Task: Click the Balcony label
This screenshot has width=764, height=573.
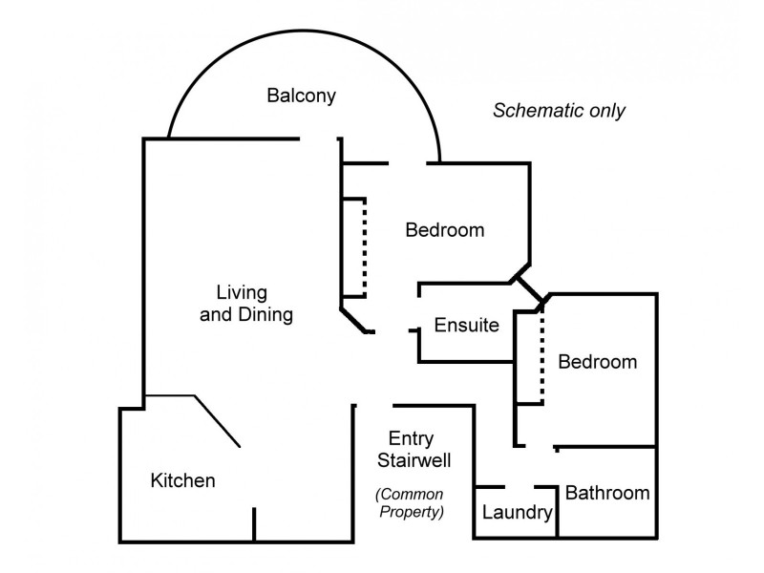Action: [302, 95]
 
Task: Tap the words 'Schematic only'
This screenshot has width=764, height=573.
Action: [559, 110]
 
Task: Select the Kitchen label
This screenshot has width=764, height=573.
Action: [183, 480]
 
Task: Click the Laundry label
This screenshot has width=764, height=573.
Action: [517, 514]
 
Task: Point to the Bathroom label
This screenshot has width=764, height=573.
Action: [607, 493]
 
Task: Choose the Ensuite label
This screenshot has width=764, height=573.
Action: [466, 325]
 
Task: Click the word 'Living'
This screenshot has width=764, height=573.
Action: [242, 291]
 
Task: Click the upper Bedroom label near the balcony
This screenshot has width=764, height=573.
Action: [444, 230]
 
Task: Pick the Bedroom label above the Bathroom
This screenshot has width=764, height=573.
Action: [597, 362]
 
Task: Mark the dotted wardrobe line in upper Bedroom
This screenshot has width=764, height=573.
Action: [365, 248]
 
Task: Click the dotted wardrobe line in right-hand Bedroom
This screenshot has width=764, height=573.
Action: [541, 353]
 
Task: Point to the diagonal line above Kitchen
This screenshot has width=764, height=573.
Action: [218, 421]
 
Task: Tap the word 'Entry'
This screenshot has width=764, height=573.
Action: [412, 439]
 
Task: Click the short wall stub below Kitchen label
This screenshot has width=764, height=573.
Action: [254, 524]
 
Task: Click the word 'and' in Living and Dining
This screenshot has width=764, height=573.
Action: [216, 314]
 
